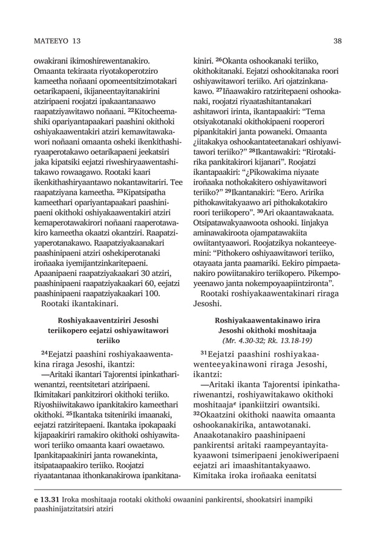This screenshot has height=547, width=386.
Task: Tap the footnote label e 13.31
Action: [46, 500]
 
